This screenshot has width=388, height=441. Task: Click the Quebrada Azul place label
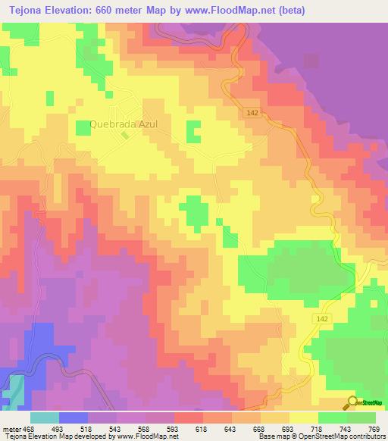click(x=123, y=124)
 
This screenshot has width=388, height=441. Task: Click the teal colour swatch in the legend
click(x=44, y=417)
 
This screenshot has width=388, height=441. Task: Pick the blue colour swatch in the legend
click(x=73, y=417)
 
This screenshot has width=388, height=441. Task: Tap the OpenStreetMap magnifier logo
click(x=351, y=402)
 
